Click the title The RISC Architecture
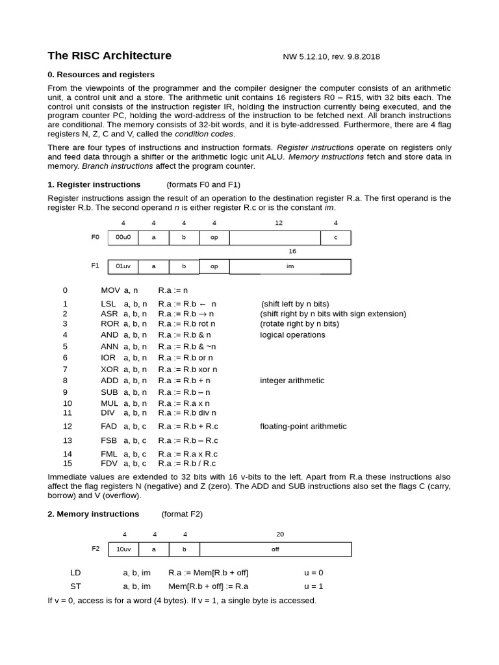pyautogui.click(x=110, y=56)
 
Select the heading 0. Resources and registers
pyautogui.click(x=101, y=75)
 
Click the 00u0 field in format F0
pyautogui.click(x=123, y=238)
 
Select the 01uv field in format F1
pyautogui.click(x=123, y=266)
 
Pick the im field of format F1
pyautogui.click(x=290, y=266)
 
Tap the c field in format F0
pyautogui.click(x=335, y=238)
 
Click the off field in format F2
pyautogui.click(x=275, y=549)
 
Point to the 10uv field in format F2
pyautogui.click(x=123, y=549)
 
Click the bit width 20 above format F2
pyautogui.click(x=280, y=534)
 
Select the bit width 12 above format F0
pyautogui.click(x=279, y=223)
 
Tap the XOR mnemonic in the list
pyautogui.click(x=110, y=370)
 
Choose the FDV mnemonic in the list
pyautogui.click(x=110, y=464)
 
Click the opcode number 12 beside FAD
pyautogui.click(x=68, y=427)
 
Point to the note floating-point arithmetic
pyautogui.click(x=303, y=427)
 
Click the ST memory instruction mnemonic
pyautogui.click(x=75, y=586)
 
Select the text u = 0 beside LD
pyautogui.click(x=313, y=573)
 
